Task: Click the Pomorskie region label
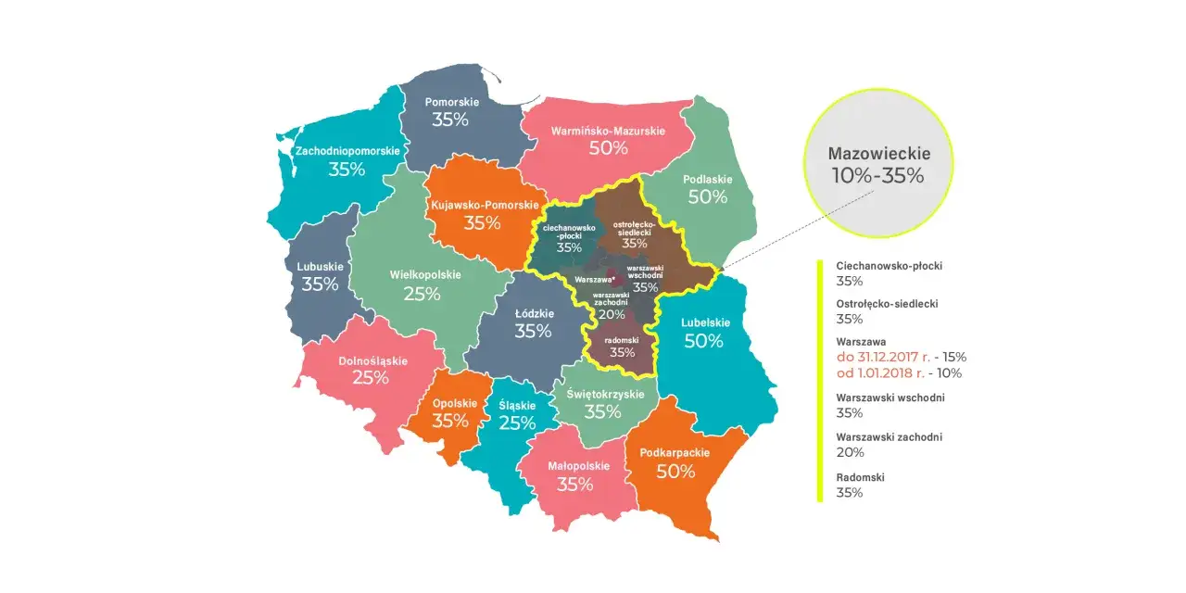pyautogui.click(x=450, y=102)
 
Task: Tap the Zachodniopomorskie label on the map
pyautogui.click(x=347, y=151)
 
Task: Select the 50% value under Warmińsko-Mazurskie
pyautogui.click(x=609, y=148)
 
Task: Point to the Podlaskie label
pyautogui.click(x=708, y=180)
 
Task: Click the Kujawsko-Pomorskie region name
pyautogui.click(x=482, y=204)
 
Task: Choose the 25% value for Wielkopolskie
pyautogui.click(x=422, y=294)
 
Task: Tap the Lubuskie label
pyautogui.click(x=320, y=267)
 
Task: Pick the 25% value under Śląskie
pyautogui.click(x=517, y=423)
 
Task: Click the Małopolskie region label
pyautogui.click(x=574, y=466)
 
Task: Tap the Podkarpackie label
pyautogui.click(x=675, y=453)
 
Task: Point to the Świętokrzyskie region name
pyautogui.click(x=603, y=394)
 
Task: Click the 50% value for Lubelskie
pyautogui.click(x=703, y=341)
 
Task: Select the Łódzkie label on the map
pyautogui.click(x=533, y=313)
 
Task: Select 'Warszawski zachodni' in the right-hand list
pyautogui.click(x=889, y=436)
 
